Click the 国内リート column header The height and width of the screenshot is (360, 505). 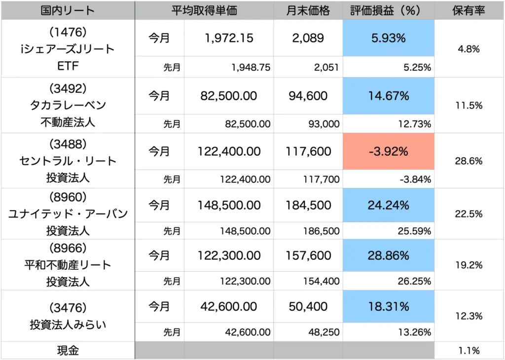tap(68, 10)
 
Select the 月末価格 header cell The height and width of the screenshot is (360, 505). tap(308, 10)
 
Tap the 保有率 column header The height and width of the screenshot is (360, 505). tap(469, 10)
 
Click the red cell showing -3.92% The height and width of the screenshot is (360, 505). tap(389, 151)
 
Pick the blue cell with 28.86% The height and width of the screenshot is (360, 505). tap(389, 255)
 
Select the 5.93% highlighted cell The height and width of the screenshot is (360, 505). tap(389, 38)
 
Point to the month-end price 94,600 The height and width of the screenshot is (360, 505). tap(308, 96)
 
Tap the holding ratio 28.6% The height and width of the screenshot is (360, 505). tap(469, 161)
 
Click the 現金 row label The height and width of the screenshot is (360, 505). tap(68, 351)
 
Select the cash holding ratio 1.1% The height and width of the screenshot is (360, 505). tap(469, 351)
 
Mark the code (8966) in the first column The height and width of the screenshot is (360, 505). tap(68, 248)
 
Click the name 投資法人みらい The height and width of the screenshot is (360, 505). tap(68, 325)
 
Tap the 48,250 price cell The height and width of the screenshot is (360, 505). tap(323, 332)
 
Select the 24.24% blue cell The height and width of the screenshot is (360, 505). tap(389, 204)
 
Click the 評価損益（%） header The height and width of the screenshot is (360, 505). tap(389, 10)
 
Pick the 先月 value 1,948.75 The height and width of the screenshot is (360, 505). tap(251, 68)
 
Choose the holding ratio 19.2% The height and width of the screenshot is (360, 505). tap(469, 265)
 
